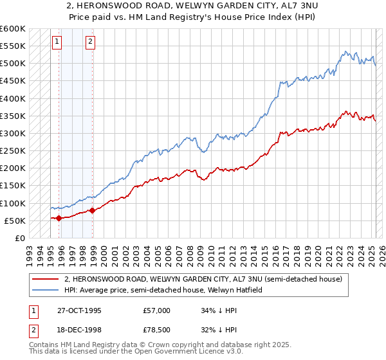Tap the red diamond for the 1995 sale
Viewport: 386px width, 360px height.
59,218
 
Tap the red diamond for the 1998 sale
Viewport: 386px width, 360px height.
93,210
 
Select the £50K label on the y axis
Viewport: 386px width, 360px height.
15,221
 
